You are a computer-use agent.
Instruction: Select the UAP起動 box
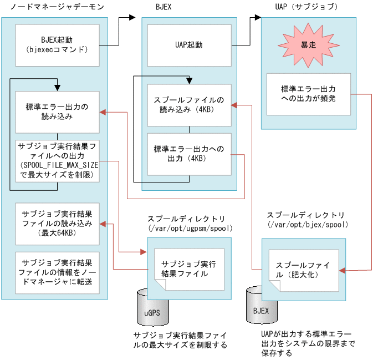tap(189, 45)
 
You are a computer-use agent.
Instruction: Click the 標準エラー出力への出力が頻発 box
tap(308, 94)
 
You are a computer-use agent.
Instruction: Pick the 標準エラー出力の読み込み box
tap(57, 112)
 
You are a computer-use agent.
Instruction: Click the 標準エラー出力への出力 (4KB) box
tap(189, 153)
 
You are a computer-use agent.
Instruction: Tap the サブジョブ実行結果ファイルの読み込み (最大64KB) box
tap(57, 224)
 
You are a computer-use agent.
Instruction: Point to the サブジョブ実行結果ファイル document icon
tap(185, 268)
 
